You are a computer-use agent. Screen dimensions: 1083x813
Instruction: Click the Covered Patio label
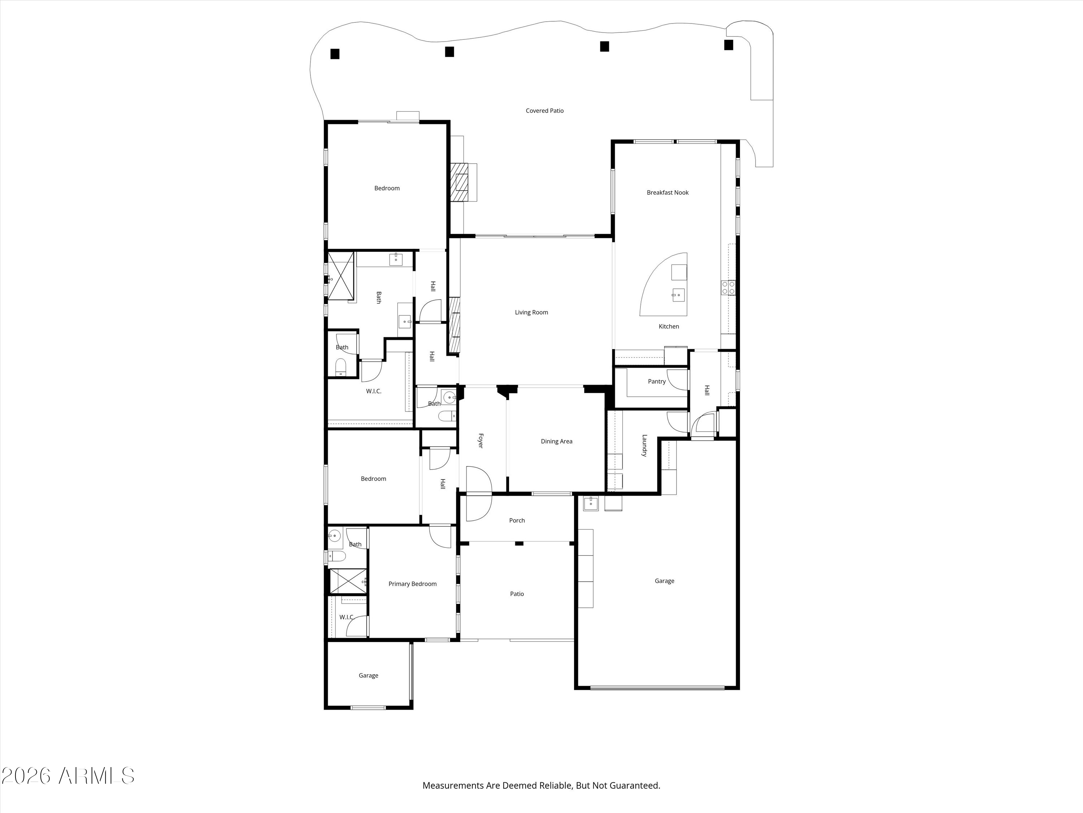pos(544,111)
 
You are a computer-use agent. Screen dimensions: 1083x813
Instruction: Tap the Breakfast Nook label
pos(667,193)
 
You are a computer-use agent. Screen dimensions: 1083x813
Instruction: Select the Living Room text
pos(531,312)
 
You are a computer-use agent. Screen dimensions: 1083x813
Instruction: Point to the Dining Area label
pos(556,441)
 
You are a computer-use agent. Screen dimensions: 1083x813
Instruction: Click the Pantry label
pos(657,381)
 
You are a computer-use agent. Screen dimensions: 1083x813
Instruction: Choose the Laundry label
pos(644,446)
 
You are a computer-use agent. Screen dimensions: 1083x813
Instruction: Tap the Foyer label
pos(480,440)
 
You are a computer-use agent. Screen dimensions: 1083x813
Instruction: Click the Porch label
pos(517,520)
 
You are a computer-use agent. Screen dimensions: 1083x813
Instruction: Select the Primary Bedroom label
pos(412,584)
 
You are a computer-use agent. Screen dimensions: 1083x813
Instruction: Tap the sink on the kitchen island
pos(678,295)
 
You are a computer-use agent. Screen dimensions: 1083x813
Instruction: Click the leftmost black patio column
pos(335,54)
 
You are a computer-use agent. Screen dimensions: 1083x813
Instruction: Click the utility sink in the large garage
pos(591,503)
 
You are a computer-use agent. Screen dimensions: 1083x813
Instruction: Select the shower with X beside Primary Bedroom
pos(348,581)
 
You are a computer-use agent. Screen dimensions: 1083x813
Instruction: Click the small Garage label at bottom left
pos(368,675)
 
